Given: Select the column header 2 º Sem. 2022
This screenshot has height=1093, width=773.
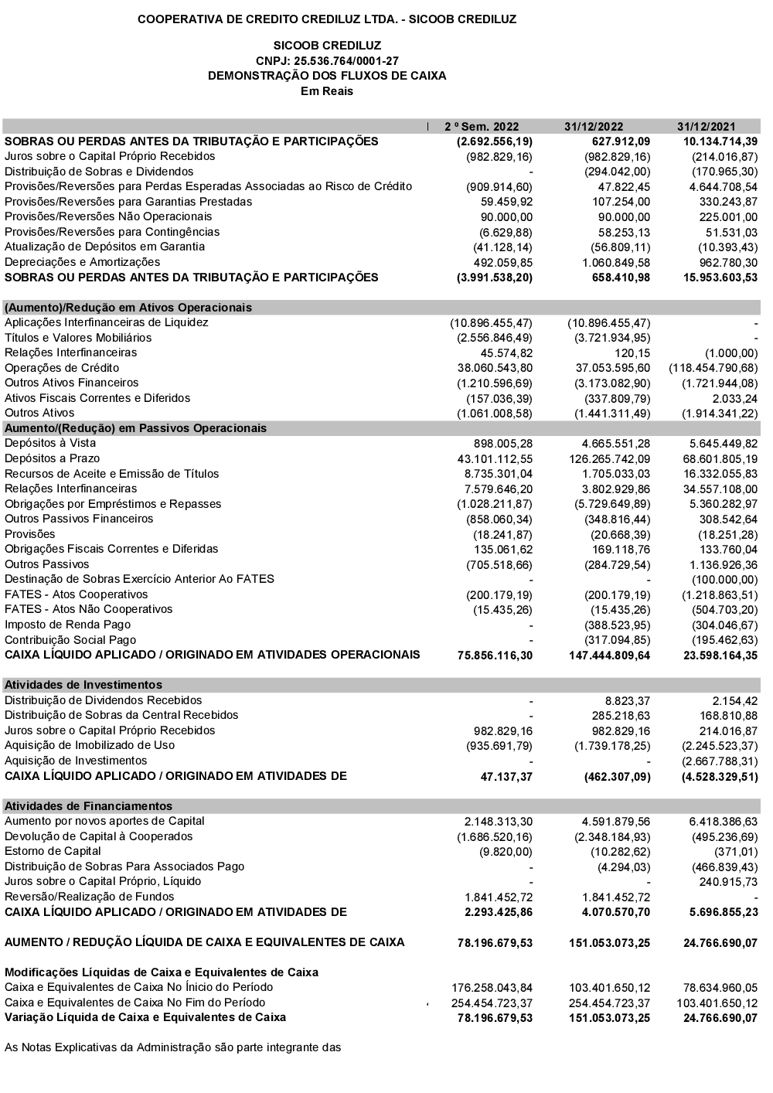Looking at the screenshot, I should click(x=482, y=127).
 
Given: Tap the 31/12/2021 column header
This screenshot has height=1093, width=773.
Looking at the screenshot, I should click(x=706, y=127).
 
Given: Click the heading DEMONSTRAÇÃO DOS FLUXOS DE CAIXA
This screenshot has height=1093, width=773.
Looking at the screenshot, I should click(x=327, y=76).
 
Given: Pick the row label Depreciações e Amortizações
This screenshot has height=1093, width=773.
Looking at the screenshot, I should click(x=83, y=262).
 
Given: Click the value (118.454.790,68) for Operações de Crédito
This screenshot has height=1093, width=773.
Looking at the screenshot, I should click(x=713, y=368).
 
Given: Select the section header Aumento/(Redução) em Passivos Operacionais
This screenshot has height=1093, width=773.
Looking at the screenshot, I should click(x=136, y=428).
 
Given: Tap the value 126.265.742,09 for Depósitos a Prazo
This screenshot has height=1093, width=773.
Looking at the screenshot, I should click(x=608, y=458).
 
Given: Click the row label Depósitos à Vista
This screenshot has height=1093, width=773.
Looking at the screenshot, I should click(x=50, y=443).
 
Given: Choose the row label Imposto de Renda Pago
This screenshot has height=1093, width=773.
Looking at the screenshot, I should click(x=68, y=625).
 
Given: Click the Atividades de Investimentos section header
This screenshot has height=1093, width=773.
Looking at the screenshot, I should click(x=83, y=685).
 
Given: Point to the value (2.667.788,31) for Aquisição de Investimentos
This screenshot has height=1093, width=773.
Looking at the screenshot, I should click(x=720, y=761).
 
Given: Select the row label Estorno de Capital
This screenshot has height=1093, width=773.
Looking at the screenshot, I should click(x=53, y=851).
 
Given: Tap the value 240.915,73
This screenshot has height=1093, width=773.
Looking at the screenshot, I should click(x=727, y=881).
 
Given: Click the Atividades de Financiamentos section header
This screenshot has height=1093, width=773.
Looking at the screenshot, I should click(x=89, y=805).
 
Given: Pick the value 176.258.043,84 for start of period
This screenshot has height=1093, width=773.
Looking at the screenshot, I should click(x=492, y=987).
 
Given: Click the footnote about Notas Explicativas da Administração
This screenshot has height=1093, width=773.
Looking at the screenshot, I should click(x=172, y=1047).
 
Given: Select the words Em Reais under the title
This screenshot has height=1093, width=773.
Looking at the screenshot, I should click(x=327, y=91).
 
